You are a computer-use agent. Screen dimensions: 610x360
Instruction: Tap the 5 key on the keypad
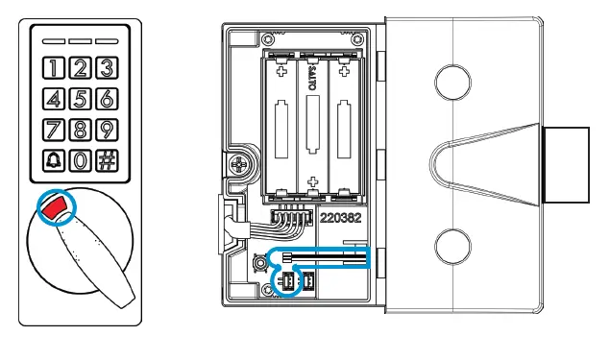[x=80, y=99]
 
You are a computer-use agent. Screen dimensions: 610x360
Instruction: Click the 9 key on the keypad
[x=107, y=130]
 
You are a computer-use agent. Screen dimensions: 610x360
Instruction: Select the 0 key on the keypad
[x=80, y=160]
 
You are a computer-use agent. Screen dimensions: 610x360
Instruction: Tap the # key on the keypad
[x=107, y=160]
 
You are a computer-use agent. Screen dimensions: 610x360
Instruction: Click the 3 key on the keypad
[x=107, y=68]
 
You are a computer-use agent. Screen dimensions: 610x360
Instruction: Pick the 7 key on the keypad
[x=54, y=130]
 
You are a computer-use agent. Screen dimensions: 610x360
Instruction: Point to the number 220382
[x=340, y=218]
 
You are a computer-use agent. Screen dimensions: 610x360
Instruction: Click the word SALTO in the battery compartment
[x=313, y=80]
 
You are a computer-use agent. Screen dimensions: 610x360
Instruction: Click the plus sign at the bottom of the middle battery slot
[x=313, y=181]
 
